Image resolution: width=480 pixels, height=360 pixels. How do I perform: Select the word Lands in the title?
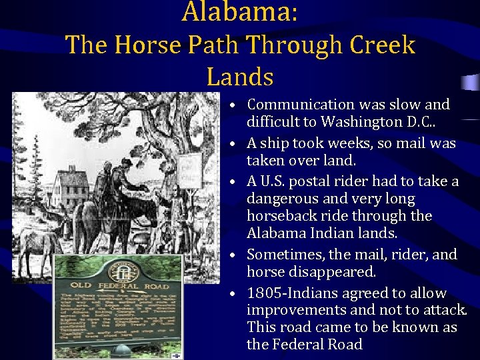pyautogui.click(x=240, y=77)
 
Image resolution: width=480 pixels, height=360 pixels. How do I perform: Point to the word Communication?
pyautogui.click(x=301, y=105)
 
